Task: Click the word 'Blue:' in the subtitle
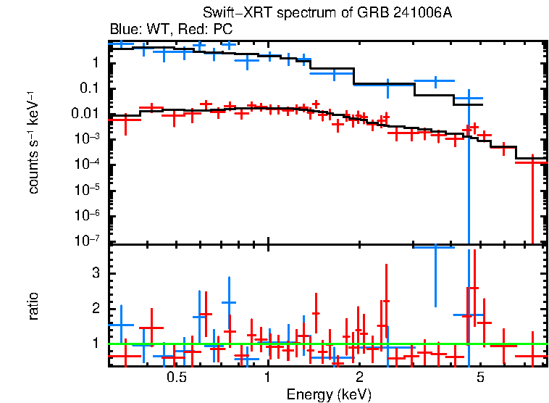click(125, 30)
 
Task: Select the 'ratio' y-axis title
click(34, 306)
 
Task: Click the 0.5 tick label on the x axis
click(176, 378)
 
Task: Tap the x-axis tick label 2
click(359, 378)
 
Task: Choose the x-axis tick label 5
click(480, 378)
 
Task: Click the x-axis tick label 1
click(268, 378)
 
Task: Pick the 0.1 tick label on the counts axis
click(89, 88)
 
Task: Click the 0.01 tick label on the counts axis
click(86, 114)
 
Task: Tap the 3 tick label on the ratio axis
click(94, 273)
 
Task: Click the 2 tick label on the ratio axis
click(94, 308)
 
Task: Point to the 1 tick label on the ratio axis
click(94, 343)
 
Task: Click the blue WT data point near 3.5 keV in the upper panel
click(435, 81)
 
